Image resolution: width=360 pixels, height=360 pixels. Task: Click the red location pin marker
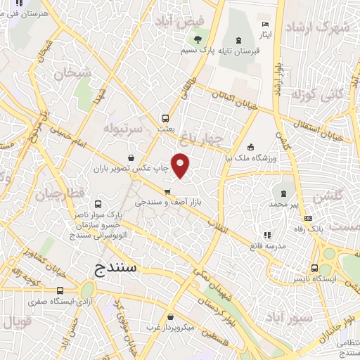pos(181,165)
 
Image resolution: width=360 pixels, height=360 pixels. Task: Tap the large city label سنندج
pos(118,268)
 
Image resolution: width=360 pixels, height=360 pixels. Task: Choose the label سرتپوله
pos(124,129)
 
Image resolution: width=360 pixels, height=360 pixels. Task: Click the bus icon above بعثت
pos(166,118)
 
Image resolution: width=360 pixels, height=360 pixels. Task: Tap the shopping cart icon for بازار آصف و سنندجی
pos(167,191)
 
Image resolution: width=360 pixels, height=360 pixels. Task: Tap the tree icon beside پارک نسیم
pos(199,39)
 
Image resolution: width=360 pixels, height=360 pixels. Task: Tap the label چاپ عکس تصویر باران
pos(134,169)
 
